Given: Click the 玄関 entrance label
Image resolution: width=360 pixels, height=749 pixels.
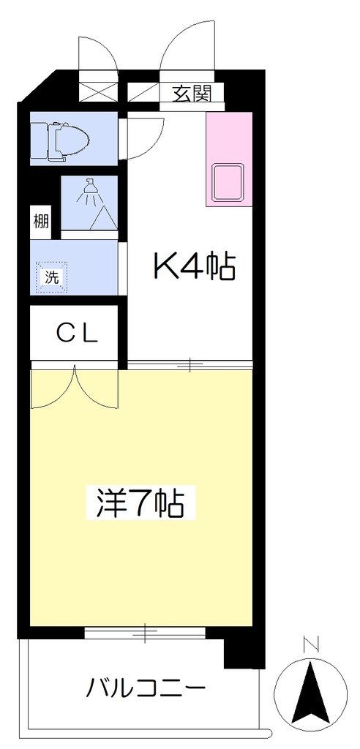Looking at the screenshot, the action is coord(191,94).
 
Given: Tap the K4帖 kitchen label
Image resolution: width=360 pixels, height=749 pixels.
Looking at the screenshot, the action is coord(194,268).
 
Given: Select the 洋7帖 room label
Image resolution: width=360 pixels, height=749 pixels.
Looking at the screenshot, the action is coord(140,503).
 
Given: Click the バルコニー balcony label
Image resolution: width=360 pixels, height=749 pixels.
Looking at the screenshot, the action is coord(146,689).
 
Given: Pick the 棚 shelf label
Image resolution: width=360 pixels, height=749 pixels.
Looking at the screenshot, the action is coord(41,222).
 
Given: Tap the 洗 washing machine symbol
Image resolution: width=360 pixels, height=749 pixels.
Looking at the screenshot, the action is coord(52,276).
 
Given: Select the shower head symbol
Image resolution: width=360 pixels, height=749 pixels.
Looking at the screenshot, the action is coord(89,189).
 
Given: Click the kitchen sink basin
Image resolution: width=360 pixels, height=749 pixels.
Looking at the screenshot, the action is coord(228,182).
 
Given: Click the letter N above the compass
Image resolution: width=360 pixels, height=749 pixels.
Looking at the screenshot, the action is coord(311,645).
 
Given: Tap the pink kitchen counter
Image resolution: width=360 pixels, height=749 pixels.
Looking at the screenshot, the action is coord(229,159).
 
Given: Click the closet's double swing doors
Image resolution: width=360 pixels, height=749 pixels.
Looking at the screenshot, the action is coord(74,388).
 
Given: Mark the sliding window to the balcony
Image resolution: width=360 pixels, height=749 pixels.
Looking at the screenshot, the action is coord(145,633).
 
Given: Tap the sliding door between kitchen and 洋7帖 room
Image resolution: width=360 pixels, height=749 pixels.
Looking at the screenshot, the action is coord(190,365).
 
